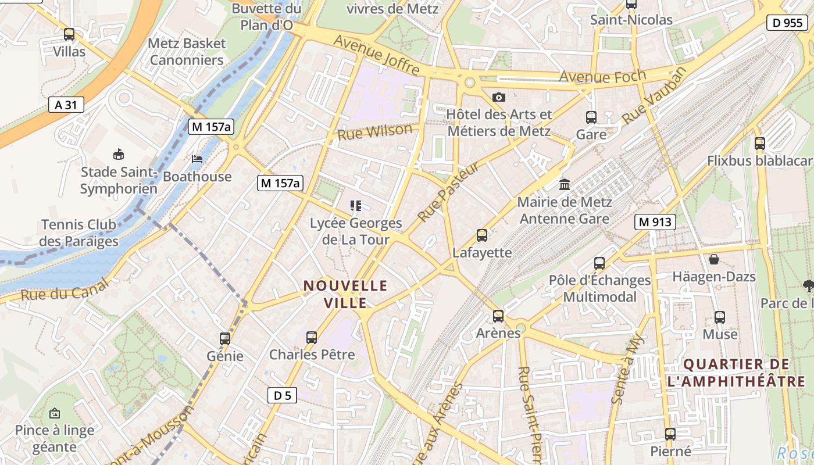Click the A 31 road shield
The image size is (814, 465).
tap(66, 105)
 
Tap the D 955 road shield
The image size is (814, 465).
tap(787, 23)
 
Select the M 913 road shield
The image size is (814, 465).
tap(655, 221)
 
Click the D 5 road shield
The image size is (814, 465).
tap(282, 395)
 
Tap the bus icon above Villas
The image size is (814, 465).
tap(69, 34)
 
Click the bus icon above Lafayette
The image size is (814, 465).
tap(482, 235)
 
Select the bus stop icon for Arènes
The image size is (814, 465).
tap(498, 316)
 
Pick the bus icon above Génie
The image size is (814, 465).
tap(225, 338)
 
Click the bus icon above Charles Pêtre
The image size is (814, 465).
tap(312, 337)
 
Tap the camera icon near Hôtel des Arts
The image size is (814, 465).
tap(498, 97)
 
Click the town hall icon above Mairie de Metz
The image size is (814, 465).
tap(564, 185)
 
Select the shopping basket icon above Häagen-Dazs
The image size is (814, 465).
tap(713, 259)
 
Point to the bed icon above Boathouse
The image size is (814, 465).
tap(198, 159)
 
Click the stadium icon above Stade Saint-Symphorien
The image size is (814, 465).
tap(119, 154)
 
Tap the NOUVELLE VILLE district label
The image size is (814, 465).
tap(345, 294)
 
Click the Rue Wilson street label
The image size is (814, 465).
tap(375, 133)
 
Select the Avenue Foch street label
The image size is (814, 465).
tap(602, 76)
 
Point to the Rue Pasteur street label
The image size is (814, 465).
tap(448, 192)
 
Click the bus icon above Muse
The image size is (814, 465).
tap(720, 317)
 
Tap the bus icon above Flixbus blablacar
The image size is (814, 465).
tap(759, 144)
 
